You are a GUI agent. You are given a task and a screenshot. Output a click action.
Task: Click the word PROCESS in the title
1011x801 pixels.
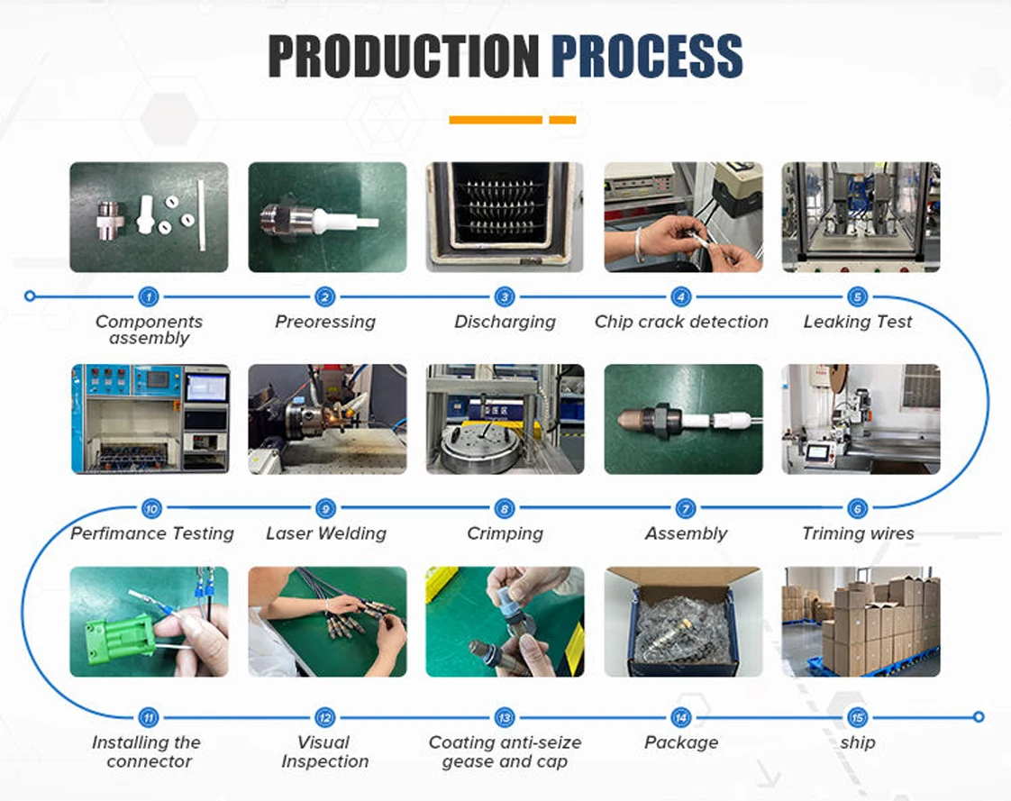click(x=647, y=56)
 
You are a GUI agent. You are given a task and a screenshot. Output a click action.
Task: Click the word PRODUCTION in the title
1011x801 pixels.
click(x=404, y=56)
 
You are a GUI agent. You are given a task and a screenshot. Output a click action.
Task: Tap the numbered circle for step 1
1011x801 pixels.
click(x=149, y=296)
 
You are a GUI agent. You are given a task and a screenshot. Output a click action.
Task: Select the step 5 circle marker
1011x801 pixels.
click(x=858, y=296)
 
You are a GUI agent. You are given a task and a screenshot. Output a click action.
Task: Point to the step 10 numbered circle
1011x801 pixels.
click(x=151, y=508)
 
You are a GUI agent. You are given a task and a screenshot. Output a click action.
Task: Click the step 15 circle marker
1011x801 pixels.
click(x=858, y=717)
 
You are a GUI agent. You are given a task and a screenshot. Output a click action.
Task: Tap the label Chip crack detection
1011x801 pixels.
click(x=681, y=321)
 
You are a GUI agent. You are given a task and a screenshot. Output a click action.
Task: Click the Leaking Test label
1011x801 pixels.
click(x=858, y=321)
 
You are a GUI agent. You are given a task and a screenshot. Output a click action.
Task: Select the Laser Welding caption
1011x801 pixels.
click(x=326, y=533)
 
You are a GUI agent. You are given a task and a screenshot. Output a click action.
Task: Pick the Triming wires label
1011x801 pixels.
click(x=858, y=533)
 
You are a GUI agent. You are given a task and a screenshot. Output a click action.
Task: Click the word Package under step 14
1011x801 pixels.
click(x=681, y=742)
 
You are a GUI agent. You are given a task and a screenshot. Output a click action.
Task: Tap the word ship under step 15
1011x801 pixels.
click(x=858, y=742)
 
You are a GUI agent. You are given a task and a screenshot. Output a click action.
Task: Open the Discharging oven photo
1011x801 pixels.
click(x=505, y=217)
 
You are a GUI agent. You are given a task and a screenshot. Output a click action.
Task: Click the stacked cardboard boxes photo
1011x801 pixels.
click(x=861, y=622)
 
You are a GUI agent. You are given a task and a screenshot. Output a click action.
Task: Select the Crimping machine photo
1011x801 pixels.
click(x=505, y=419)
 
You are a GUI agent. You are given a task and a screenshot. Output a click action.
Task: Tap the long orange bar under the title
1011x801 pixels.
click(x=496, y=119)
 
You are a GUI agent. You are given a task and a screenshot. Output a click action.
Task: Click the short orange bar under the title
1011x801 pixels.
click(x=562, y=119)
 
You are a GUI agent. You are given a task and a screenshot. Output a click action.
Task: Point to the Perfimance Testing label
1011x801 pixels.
click(x=152, y=533)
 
